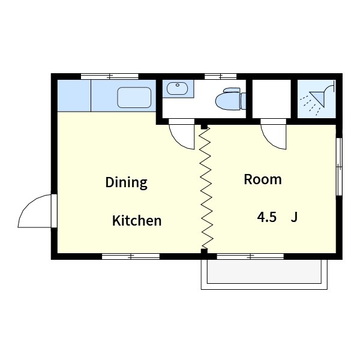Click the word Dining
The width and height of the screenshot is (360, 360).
(126, 183)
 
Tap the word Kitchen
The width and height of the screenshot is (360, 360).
(137, 221)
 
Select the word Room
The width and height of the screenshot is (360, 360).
(263, 179)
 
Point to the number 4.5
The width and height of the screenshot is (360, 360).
(266, 217)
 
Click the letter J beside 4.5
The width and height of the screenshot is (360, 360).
(294, 217)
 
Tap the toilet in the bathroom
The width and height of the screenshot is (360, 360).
(230, 99)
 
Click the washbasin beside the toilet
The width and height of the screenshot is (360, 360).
(177, 88)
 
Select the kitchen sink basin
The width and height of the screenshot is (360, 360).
(134, 97)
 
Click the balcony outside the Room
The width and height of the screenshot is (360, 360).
(264, 274)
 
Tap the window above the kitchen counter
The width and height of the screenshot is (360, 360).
(110, 76)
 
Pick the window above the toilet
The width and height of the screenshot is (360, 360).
(220, 76)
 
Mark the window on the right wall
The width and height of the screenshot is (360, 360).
(339, 167)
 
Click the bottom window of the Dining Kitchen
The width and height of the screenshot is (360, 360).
(131, 256)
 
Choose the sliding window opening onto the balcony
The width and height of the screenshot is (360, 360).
(250, 256)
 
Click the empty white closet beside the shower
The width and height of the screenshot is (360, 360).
(272, 99)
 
